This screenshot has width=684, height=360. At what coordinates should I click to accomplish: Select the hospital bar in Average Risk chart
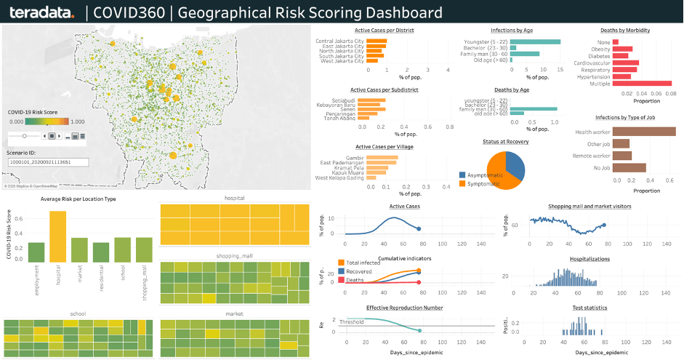click(58, 236)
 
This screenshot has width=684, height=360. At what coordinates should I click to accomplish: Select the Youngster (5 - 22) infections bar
click(535, 41)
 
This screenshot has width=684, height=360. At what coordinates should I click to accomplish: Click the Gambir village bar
click(382, 157)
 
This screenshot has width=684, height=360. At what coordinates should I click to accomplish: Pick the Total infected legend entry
click(363, 263)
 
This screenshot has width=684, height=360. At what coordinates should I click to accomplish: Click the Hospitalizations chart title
click(589, 258)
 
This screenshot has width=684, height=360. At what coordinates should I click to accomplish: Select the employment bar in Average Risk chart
click(36, 252)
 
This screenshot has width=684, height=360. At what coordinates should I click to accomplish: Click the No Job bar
click(629, 168)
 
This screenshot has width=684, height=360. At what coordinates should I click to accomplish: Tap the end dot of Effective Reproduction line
click(419, 331)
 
